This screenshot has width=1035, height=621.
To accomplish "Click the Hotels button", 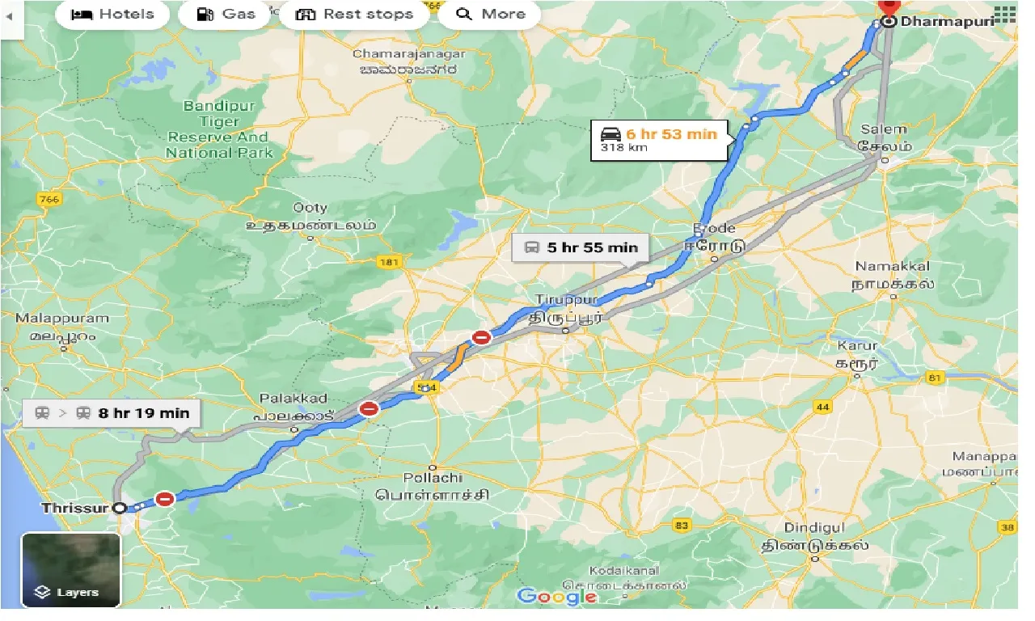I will tap(113, 14).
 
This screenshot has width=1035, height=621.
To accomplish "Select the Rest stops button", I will tap(354, 14).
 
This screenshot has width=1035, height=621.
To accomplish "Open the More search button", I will tap(489, 14).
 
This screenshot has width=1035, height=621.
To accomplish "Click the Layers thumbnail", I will tap(71, 570).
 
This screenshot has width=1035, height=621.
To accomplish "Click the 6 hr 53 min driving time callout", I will tap(659, 140).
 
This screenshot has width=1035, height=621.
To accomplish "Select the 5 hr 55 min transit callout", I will tap(580, 247).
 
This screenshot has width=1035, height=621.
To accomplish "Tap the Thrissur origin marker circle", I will tap(120, 508).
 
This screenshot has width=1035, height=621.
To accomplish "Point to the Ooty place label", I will tap(310, 208).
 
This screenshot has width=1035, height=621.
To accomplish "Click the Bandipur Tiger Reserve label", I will tap(218, 129).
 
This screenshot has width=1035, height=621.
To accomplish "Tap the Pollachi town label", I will tap(432, 478).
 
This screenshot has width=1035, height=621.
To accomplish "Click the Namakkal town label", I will tap(893, 266).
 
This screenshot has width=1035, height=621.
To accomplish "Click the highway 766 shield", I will tap(49, 199).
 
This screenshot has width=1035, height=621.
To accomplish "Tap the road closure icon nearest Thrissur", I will tap(166, 499).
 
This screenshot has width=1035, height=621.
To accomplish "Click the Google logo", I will tap(557, 597).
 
